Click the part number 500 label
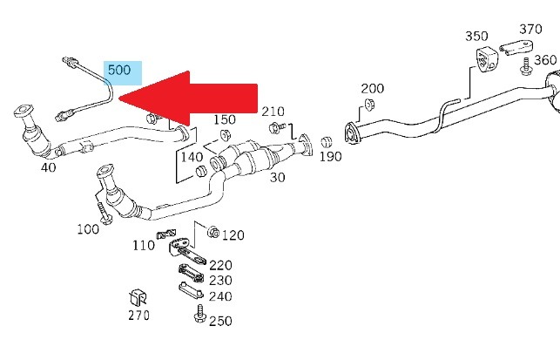(x=118, y=70)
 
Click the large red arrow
(x=192, y=97)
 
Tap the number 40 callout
(x=48, y=166)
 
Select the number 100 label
(x=88, y=228)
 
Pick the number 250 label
(x=220, y=321)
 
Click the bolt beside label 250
(x=199, y=311)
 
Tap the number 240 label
(x=220, y=296)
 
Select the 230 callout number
(x=220, y=280)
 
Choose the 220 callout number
(x=220, y=264)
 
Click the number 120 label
(x=233, y=235)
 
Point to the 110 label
(x=144, y=246)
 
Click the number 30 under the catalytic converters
(x=278, y=177)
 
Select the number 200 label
(x=372, y=89)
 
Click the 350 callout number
(x=476, y=37)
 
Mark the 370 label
(x=531, y=29)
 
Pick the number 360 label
(x=545, y=59)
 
